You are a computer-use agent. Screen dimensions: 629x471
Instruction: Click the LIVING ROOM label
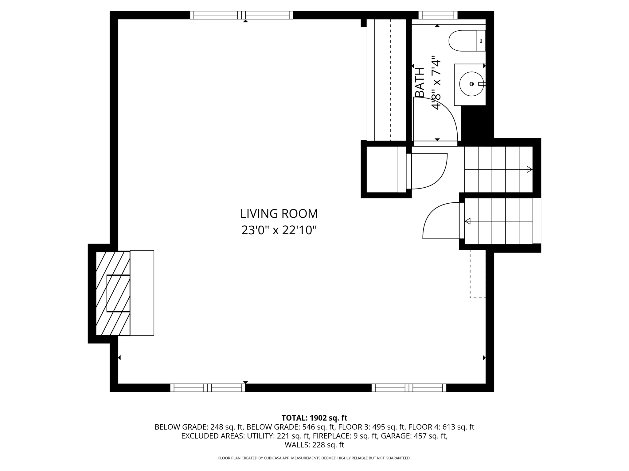coord(279,214)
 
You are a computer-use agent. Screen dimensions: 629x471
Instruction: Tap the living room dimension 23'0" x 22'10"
coord(279,230)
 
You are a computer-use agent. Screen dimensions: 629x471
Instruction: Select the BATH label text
coord(420,82)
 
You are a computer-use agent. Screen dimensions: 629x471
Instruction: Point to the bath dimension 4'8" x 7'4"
coord(436,82)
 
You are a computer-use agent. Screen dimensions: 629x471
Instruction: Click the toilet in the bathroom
coord(467,40)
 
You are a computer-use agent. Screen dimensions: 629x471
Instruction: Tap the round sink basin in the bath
coord(471,84)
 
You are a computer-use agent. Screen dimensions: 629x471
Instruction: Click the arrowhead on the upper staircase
coord(529,169)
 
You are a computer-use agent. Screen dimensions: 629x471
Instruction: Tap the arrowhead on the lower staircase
coord(468,221)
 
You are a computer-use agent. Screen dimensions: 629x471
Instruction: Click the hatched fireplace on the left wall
coord(113,293)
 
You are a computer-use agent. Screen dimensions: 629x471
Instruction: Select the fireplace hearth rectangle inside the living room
coord(142,293)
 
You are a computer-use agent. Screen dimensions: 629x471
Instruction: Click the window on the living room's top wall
coord(241,15)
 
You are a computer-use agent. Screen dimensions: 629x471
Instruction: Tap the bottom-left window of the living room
coord(208,388)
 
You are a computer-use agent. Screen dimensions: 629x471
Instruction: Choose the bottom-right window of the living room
coord(409,388)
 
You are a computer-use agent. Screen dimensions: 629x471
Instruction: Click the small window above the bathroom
coord(438,15)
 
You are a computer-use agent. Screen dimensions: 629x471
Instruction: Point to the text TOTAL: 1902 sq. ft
coord(314,418)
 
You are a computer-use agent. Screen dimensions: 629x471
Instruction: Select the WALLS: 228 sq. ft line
coord(314,445)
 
